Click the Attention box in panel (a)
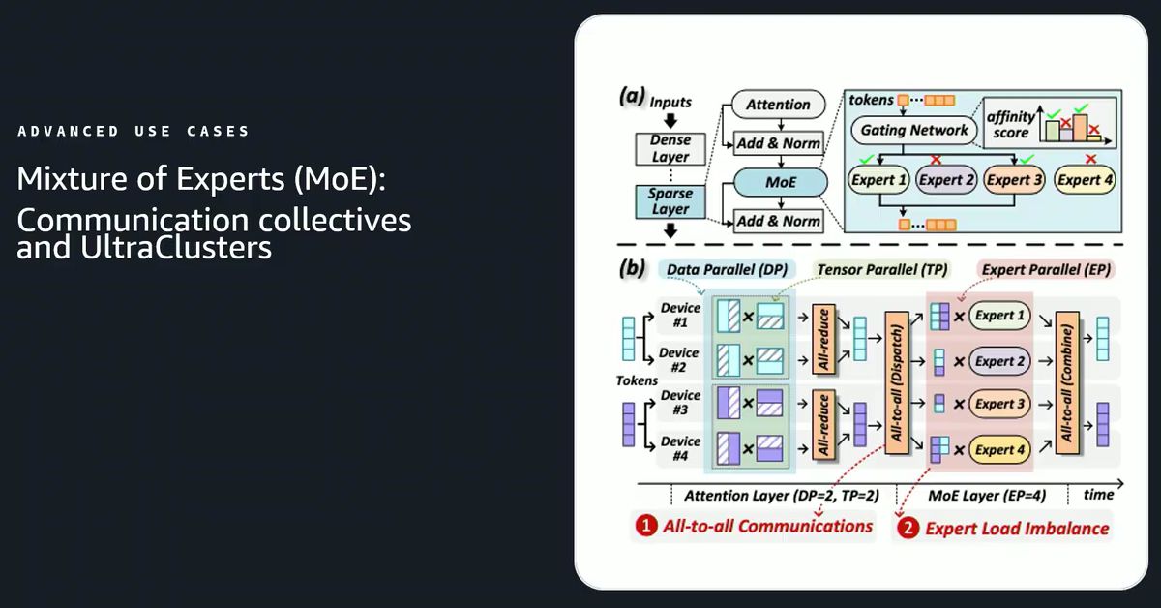[778, 105]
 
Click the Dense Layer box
[670, 148]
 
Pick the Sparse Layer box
[670, 201]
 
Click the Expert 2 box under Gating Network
[945, 179]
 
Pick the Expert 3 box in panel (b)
[999, 405]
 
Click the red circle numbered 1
[645, 527]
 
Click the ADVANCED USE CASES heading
[134, 131]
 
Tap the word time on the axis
[1099, 495]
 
